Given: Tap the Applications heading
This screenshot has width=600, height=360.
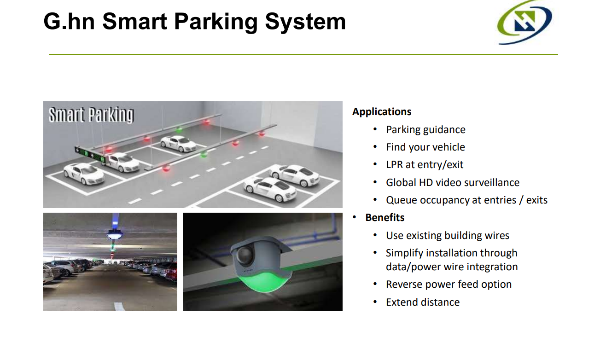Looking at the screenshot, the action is [x=382, y=112].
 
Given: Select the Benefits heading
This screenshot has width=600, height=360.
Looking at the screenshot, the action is [x=384, y=217].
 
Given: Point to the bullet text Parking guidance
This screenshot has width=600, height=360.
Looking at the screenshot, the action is [x=425, y=130].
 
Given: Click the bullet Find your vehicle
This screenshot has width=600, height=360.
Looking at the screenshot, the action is [x=425, y=147].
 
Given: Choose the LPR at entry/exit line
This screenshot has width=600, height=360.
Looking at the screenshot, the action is [x=425, y=165].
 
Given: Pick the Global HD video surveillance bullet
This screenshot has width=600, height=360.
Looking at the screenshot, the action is [x=452, y=182].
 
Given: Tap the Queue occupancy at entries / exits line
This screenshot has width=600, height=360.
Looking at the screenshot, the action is [x=466, y=200].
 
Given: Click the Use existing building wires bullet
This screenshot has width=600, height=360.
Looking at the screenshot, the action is [x=447, y=236].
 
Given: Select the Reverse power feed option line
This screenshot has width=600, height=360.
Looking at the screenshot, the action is [x=449, y=285].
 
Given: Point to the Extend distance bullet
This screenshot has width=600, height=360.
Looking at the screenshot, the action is [x=422, y=302].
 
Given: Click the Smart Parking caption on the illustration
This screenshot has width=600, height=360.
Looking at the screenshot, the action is [x=91, y=115].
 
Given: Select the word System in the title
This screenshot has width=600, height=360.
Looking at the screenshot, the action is [x=304, y=21].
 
